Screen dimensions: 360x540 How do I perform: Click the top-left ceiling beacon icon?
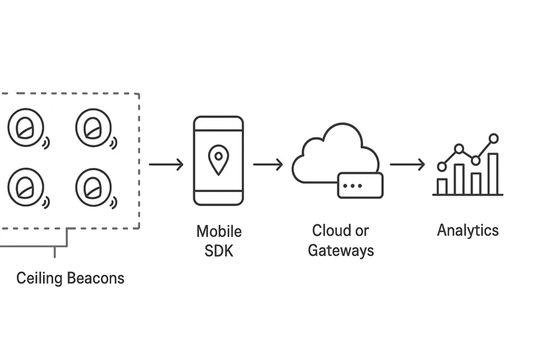click(x=25, y=129)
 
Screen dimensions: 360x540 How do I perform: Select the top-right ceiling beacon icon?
click(x=94, y=129)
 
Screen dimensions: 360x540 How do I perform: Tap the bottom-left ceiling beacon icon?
click(x=25, y=186)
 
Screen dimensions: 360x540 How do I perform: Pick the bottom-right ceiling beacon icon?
click(x=94, y=186)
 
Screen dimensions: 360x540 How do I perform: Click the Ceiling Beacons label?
click(x=70, y=278)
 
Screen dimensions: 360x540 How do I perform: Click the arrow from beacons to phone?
click(x=166, y=165)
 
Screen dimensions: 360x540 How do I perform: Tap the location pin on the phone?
click(x=219, y=160)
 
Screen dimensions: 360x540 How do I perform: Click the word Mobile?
click(x=219, y=231)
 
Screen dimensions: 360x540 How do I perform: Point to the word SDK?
click(x=219, y=250)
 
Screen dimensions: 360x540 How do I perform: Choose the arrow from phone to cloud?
click(x=268, y=165)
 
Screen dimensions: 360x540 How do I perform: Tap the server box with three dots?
click(x=361, y=185)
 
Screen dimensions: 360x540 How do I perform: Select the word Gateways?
click(x=341, y=250)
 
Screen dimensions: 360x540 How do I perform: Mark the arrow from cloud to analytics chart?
click(x=407, y=165)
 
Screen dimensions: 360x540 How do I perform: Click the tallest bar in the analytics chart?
click(x=493, y=174)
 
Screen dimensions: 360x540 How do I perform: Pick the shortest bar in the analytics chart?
click(x=442, y=186)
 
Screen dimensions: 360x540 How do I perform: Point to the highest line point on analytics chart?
click(x=494, y=139)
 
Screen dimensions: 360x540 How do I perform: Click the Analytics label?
click(x=468, y=230)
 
